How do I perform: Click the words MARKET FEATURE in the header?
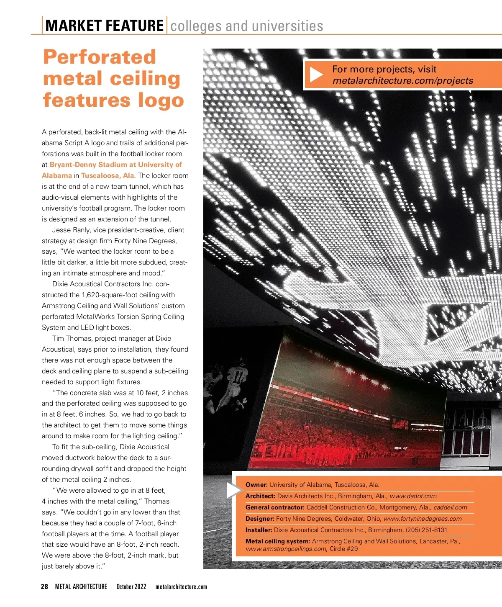pos(104,26)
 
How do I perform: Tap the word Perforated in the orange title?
pos(100,57)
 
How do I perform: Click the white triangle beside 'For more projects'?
pos(316,75)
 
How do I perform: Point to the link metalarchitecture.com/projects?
pos(403,81)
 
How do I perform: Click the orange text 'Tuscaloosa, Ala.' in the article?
pos(108,176)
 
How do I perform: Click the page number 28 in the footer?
pos(44,587)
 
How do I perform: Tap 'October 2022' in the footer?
pos(131,587)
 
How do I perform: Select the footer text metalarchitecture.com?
pos(181,587)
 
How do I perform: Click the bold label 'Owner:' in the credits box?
pos(256,485)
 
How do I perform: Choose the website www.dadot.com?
pos(413,496)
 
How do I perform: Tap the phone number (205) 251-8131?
pos(426,530)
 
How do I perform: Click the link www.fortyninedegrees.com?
pos(423,519)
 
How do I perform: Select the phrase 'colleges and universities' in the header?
pos(247,26)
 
